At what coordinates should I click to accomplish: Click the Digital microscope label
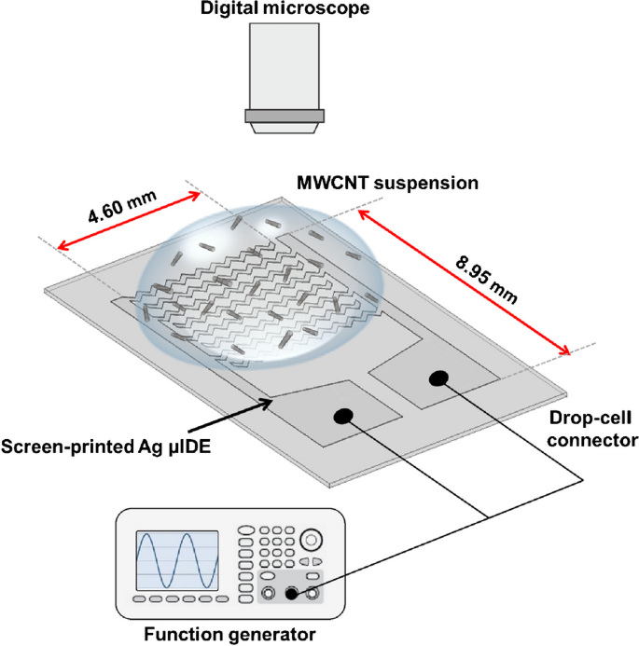285,8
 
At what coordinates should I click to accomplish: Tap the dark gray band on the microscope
285,116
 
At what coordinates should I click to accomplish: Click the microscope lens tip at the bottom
285,128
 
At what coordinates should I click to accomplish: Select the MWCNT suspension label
387,183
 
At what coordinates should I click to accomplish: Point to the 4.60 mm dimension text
122,206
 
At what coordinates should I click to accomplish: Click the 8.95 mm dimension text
486,279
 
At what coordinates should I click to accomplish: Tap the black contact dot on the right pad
438,378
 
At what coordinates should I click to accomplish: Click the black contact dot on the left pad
343,417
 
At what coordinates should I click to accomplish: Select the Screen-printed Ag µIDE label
106,447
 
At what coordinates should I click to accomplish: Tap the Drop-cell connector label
592,430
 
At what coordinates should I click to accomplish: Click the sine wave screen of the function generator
177,560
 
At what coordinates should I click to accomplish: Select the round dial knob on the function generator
311,540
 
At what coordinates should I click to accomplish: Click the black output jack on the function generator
291,594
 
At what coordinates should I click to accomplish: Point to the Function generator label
229,635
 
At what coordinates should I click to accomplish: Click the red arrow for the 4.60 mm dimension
129,221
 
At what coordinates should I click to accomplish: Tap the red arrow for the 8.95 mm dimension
464,282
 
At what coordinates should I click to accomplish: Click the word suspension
426,184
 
